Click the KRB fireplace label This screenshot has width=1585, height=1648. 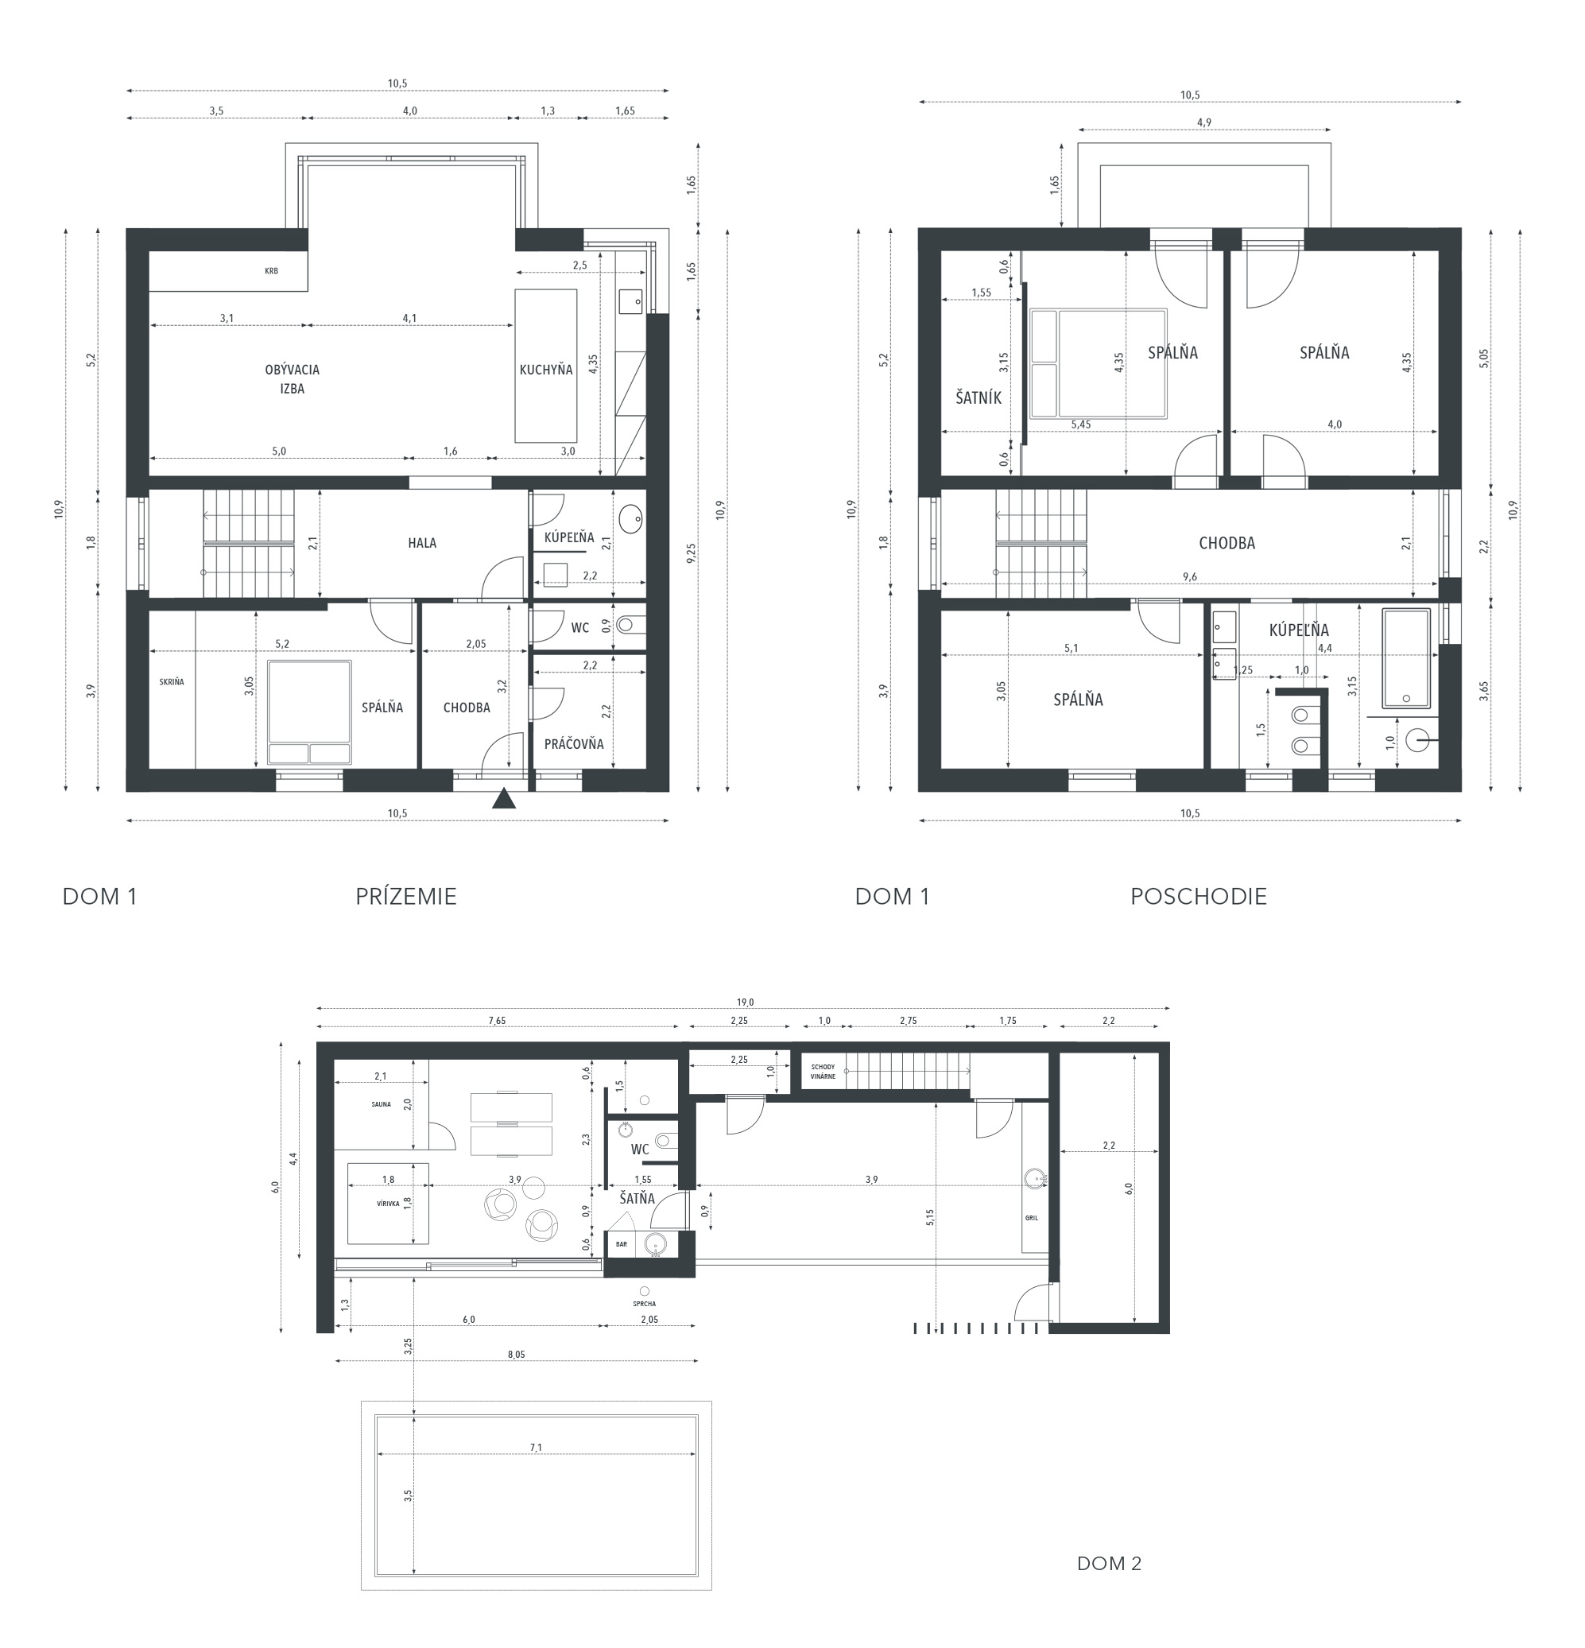271,271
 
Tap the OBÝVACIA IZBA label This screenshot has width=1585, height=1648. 292,379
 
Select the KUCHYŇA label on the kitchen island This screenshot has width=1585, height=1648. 546,370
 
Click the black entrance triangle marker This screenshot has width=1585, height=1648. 504,798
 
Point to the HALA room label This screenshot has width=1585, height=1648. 422,543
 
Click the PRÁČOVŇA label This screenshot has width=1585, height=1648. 573,744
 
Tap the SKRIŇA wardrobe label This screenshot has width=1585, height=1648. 172,682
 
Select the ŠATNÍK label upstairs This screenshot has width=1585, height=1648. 979,397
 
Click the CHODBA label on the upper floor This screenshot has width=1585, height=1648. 1227,543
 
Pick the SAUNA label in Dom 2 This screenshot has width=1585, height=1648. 381,1104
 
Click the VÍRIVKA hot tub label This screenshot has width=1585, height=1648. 389,1204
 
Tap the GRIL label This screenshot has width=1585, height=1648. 1031,1217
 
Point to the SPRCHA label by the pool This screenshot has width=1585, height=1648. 645,1304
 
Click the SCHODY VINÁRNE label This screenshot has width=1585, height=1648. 824,1071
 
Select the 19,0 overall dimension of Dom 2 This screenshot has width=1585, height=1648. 745,1002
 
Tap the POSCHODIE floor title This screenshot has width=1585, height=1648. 1198,896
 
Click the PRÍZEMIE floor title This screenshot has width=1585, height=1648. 405,896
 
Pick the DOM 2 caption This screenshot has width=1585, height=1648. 1109,1564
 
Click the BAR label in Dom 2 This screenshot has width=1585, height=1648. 622,1244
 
